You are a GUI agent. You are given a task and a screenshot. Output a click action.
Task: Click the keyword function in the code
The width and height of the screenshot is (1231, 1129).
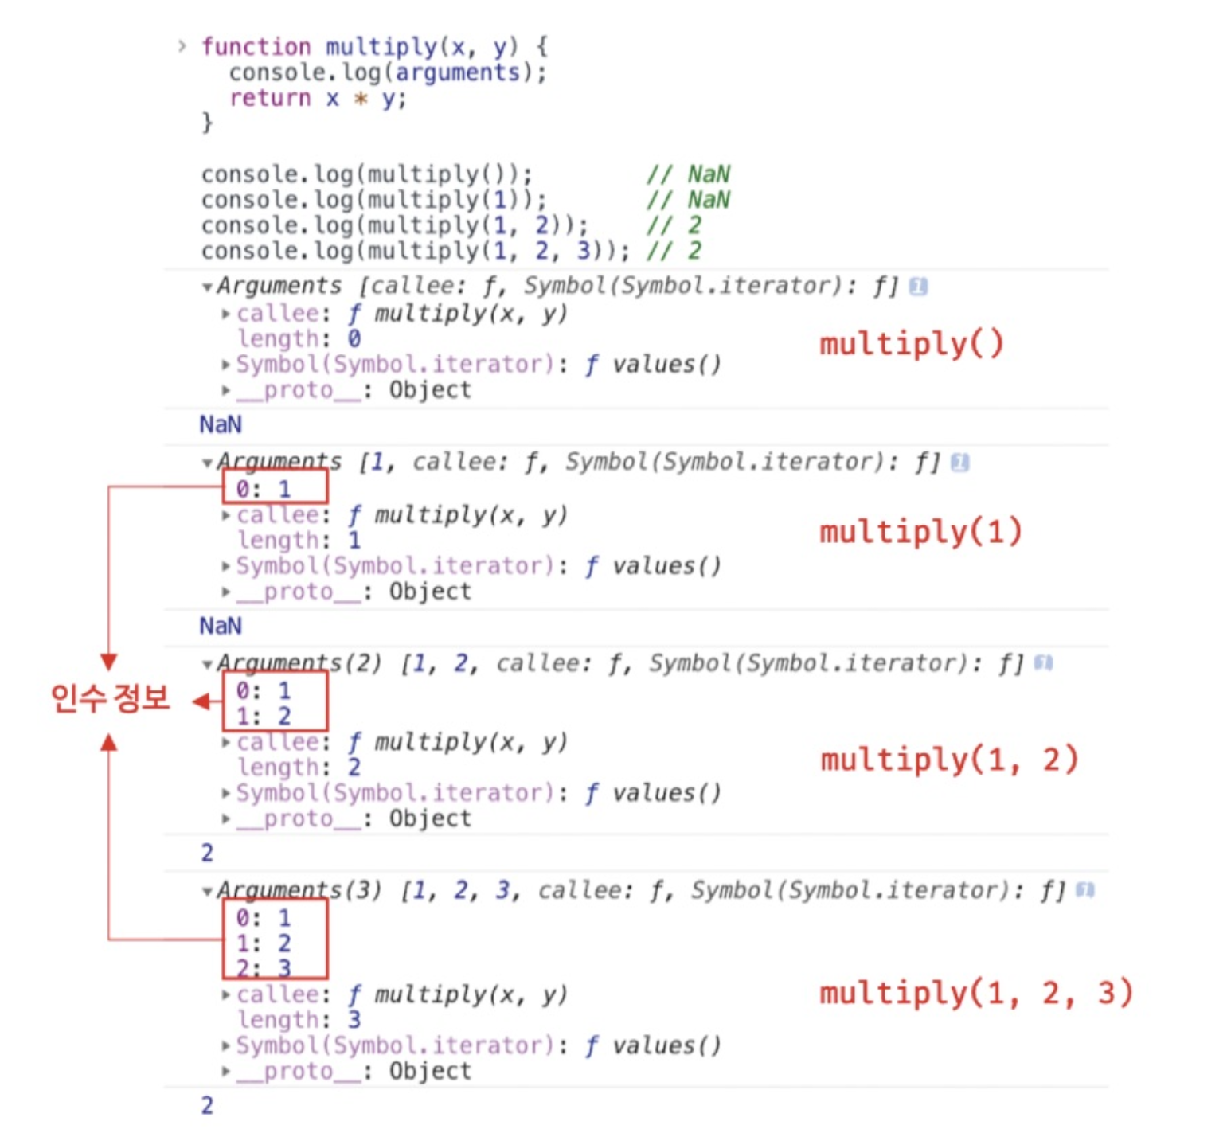tap(256, 47)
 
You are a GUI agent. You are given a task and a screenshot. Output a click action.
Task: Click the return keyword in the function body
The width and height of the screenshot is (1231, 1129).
tap(270, 98)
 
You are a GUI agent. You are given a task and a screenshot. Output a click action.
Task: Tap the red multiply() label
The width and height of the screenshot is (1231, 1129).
tap(912, 344)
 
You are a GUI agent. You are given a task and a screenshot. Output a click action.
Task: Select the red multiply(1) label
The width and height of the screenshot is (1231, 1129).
tap(920, 532)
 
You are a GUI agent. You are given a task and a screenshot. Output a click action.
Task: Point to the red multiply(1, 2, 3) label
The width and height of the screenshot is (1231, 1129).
tap(976, 994)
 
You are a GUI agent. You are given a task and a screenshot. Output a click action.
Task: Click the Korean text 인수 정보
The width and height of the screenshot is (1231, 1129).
tap(110, 698)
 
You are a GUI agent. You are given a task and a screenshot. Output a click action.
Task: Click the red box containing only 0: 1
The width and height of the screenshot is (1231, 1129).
tap(275, 486)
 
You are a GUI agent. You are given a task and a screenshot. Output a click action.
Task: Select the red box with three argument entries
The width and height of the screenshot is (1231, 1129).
tap(275, 940)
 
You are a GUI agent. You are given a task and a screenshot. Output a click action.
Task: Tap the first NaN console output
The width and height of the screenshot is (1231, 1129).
tap(221, 424)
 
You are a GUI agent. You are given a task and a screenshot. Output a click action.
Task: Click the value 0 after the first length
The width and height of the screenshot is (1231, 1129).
tap(354, 339)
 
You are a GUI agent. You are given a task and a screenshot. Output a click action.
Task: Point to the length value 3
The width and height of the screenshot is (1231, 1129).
tap(354, 1020)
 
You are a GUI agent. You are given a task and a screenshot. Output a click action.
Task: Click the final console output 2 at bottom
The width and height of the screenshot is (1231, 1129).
tap(207, 1105)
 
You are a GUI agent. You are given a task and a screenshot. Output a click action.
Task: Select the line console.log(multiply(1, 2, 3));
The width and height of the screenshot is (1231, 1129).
tap(414, 252)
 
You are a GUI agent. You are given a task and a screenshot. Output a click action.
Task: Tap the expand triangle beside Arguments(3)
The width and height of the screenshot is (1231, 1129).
tap(207, 892)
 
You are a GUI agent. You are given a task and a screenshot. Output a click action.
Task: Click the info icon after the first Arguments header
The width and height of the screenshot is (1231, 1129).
tap(918, 287)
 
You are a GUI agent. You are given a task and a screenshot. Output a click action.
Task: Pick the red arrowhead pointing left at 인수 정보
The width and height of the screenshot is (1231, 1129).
tap(201, 701)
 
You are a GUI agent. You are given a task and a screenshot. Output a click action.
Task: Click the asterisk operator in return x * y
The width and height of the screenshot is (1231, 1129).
tap(361, 99)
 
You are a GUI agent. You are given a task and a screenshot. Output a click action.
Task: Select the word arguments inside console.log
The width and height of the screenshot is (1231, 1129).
tap(458, 72)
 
